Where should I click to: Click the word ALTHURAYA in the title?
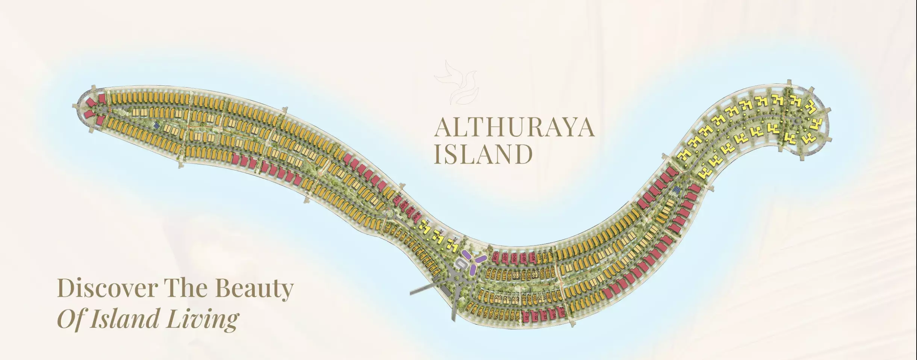(x=514, y=128)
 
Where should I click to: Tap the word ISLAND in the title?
(x=483, y=154)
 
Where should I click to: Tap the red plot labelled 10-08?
(x=495, y=257)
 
